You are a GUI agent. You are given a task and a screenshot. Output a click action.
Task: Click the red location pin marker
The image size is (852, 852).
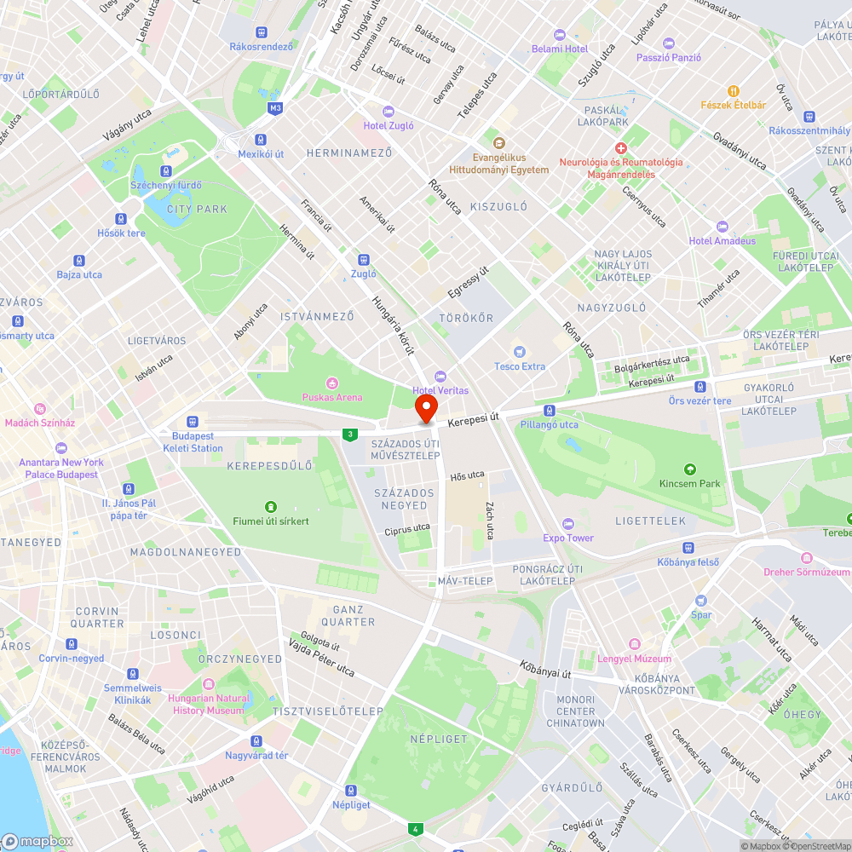tap(425, 407)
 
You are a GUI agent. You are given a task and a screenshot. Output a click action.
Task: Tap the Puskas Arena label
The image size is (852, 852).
tap(331, 397)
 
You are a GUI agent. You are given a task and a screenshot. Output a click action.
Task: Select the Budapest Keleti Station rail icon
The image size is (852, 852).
tap(193, 421)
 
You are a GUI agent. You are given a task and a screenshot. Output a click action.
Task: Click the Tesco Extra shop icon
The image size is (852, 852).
tap(520, 352)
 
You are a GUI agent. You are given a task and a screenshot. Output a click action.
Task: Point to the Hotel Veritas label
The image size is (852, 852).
tap(440, 390)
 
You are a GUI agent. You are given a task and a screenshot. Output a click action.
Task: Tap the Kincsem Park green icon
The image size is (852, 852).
tap(689, 469)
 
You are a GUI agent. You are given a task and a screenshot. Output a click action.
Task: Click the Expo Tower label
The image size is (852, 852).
tap(568, 538)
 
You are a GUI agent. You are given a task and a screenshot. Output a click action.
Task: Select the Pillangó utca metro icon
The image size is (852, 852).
tap(550, 411)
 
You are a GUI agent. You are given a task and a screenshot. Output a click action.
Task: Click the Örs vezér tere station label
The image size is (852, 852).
tap(699, 401)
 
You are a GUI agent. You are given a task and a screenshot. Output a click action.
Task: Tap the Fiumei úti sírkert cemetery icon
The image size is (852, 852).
tap(271, 507)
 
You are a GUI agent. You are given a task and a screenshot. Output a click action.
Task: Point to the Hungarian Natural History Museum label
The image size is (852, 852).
tap(209, 705)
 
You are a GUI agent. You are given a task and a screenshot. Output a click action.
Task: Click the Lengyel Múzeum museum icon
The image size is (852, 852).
tap(634, 644)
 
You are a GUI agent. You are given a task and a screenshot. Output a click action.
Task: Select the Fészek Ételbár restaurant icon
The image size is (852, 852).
tap(732, 91)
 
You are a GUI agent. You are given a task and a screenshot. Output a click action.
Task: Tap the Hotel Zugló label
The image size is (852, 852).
tap(389, 125)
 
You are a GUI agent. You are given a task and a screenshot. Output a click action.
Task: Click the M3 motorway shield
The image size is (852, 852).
tap(274, 108)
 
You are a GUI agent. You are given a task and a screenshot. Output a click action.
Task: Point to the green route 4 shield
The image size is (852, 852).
tap(416, 829)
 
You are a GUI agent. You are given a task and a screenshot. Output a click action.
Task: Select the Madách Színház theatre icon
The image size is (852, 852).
tap(39, 409)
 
